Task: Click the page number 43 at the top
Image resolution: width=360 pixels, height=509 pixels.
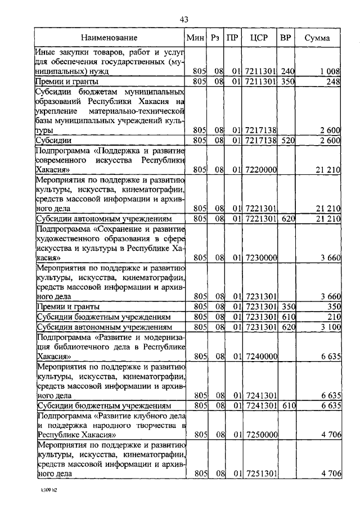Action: (x=183, y=20)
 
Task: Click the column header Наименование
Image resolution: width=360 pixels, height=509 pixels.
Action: (x=109, y=38)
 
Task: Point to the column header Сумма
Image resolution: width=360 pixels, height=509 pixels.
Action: (x=317, y=38)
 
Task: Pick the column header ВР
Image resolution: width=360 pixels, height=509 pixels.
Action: (x=286, y=38)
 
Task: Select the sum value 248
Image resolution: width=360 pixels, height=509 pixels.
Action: (x=334, y=82)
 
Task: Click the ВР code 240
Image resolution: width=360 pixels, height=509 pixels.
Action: (x=289, y=71)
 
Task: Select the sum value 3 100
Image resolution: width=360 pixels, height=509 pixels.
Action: (x=330, y=326)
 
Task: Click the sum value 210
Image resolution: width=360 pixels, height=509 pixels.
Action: (x=334, y=317)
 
